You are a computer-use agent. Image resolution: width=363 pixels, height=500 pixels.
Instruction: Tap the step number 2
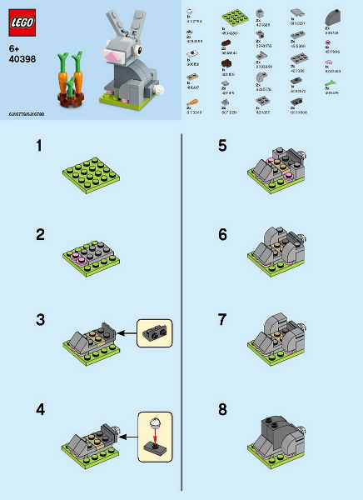tap(40, 235)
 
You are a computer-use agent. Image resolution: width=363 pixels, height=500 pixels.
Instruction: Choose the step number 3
tap(40, 321)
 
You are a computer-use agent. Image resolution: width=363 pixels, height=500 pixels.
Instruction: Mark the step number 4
tap(40, 408)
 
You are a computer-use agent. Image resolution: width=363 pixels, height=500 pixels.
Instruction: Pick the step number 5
tap(222, 146)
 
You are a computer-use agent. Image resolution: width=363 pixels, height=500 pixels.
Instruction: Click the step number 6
tap(222, 235)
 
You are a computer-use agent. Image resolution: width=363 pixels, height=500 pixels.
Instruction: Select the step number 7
tap(222, 321)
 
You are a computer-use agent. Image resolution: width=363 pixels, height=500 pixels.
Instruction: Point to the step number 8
tap(222, 408)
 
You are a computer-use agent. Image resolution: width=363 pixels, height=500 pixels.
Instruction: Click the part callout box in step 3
tap(153, 333)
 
